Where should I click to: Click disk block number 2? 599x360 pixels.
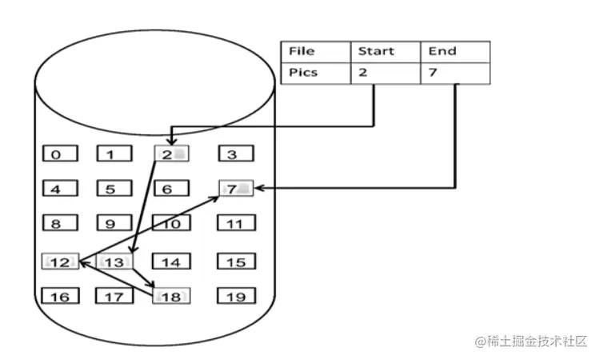tap(171, 154)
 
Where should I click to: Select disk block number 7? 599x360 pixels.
tap(236, 189)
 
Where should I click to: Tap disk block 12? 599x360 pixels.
tap(61, 262)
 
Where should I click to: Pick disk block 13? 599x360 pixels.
tap(116, 262)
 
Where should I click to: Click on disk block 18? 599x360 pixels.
tap(171, 297)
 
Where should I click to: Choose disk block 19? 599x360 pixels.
tap(236, 297)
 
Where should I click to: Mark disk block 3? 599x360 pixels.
tap(236, 154)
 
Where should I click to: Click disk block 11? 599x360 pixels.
tap(236, 224)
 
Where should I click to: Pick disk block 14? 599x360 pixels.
tap(171, 262)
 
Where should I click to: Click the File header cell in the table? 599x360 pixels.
tap(315, 51)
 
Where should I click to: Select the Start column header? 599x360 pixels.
tap(385, 51)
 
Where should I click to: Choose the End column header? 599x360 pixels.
tap(454, 51)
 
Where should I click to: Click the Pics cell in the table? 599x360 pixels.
tap(315, 73)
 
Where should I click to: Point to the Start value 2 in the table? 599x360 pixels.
tap(385, 73)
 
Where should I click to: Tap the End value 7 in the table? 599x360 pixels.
tap(454, 73)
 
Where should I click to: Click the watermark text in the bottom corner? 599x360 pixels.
tap(531, 342)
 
